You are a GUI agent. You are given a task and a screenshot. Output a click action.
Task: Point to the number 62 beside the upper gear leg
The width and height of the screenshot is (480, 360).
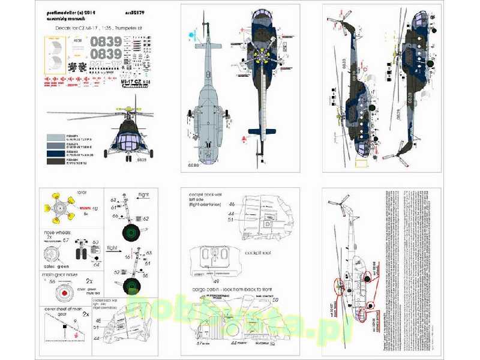146,219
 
